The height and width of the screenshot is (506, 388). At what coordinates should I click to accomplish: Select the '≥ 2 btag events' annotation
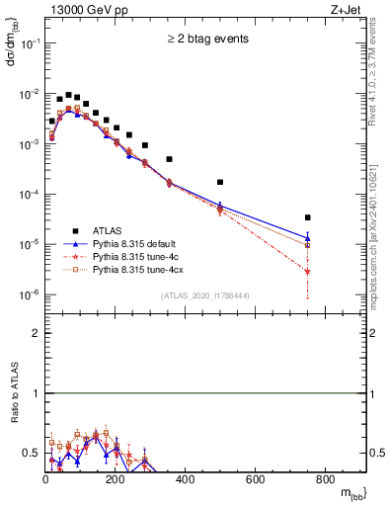click(207, 40)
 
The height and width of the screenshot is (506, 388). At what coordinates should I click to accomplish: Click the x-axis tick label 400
click(186, 480)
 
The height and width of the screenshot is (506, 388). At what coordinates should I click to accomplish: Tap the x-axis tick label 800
click(325, 480)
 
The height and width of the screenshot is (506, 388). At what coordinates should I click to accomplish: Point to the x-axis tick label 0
click(45, 480)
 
